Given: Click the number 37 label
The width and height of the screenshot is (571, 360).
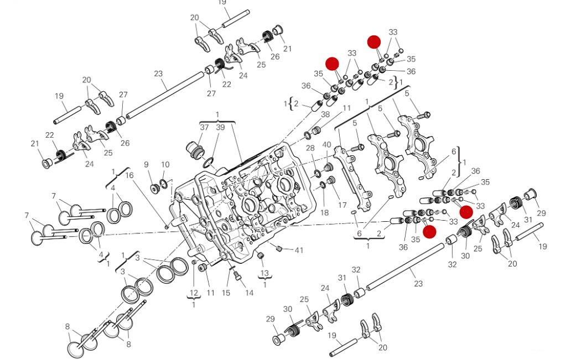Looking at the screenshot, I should [205, 128].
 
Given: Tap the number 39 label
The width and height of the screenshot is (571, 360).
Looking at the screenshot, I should [220, 128].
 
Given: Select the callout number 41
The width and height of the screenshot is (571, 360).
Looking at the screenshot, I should [299, 251].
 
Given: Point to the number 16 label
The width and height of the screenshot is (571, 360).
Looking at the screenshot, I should [129, 176].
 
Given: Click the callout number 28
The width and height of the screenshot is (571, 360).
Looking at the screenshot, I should [310, 148].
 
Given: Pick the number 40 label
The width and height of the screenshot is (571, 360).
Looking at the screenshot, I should [326, 145].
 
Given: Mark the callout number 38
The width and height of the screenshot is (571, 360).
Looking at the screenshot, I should [325, 114].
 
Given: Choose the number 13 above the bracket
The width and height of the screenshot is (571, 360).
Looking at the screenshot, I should [264, 273].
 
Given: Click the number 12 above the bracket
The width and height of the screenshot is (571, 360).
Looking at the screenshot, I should [194, 293].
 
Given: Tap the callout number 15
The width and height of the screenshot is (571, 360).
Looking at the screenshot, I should [226, 293].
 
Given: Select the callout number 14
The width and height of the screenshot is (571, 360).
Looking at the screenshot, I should [250, 293].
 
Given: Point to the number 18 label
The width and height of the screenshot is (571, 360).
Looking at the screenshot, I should [324, 212].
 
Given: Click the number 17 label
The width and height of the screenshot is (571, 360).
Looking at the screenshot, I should [342, 197].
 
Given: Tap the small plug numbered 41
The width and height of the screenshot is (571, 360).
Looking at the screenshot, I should [279, 247].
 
